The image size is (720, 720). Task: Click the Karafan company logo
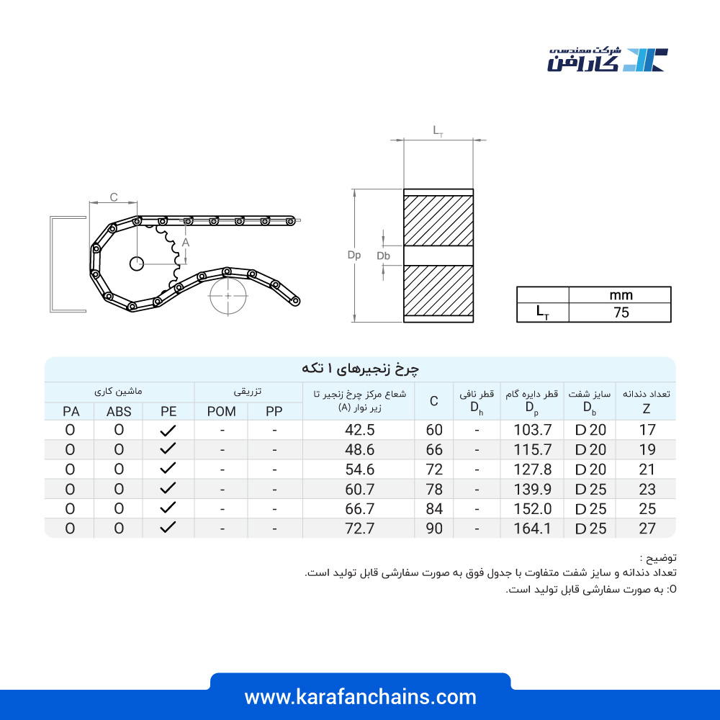click(x=607, y=59)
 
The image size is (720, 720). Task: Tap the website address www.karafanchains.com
click(x=360, y=697)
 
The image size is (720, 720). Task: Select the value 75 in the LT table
click(x=621, y=312)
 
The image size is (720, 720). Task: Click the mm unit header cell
click(x=621, y=294)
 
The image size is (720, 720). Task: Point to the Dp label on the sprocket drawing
click(x=354, y=256)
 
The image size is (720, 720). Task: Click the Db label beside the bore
click(x=384, y=256)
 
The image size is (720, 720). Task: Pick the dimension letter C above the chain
click(x=114, y=197)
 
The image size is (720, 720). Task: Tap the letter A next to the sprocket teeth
click(x=186, y=243)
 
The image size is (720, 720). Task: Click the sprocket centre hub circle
click(x=136, y=264)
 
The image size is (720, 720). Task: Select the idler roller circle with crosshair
click(x=228, y=296)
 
